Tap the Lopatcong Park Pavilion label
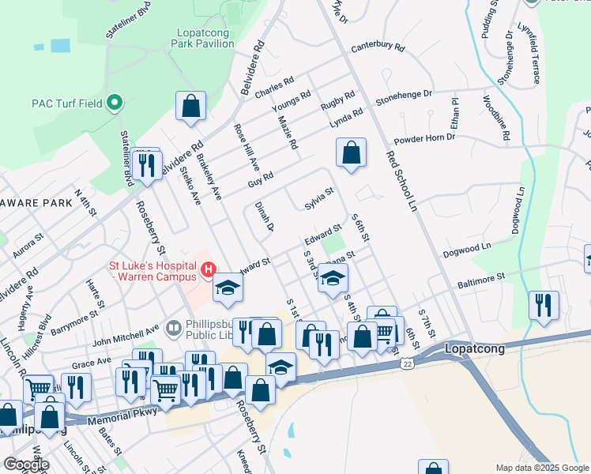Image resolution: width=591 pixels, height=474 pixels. [205, 38]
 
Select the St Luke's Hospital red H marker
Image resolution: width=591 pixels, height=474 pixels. [208, 270]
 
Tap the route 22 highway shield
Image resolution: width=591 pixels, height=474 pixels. [406, 362]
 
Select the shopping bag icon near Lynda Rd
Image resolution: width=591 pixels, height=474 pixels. [351, 153]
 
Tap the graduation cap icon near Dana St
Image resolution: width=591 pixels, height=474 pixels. [333, 278]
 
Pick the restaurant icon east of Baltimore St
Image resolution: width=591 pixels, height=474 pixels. [544, 306]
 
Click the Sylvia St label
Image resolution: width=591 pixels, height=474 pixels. [319, 197]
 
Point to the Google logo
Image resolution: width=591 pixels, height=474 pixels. [25, 465]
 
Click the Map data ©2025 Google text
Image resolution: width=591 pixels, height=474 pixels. [541, 468]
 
